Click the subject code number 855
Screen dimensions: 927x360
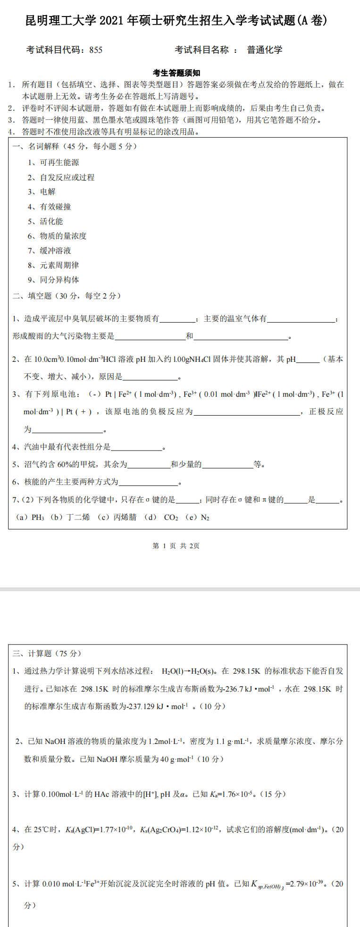(x=95, y=50)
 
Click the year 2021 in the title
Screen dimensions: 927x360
(x=112, y=20)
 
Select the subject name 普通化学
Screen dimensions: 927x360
(x=264, y=50)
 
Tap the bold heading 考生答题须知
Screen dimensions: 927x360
(x=176, y=73)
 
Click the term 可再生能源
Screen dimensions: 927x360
(x=59, y=162)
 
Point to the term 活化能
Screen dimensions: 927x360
(x=51, y=221)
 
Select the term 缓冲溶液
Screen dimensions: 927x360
(x=55, y=251)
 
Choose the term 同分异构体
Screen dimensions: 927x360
(x=59, y=280)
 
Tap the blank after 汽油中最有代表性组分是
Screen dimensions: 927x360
(x=136, y=447)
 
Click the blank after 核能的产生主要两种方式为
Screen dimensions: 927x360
(x=148, y=482)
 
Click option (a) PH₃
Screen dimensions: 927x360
(x=30, y=518)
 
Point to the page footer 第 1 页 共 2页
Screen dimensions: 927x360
(x=176, y=546)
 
